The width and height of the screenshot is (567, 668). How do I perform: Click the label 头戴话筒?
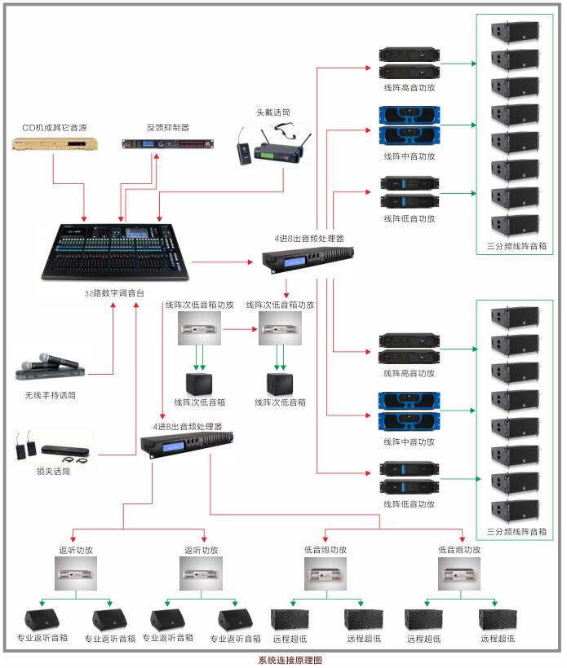(272, 112)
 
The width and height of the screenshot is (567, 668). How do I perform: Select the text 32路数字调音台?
(114, 292)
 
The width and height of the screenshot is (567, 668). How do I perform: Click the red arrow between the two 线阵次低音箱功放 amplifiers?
(241, 330)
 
